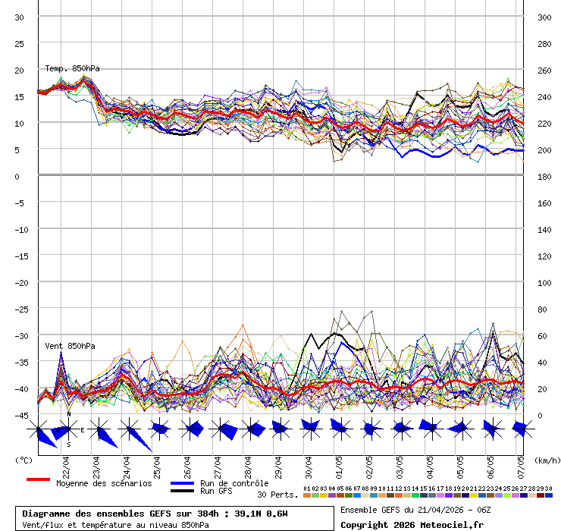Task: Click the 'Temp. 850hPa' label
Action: click(x=72, y=68)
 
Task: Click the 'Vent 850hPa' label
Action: click(x=70, y=346)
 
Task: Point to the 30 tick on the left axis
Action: click(x=20, y=17)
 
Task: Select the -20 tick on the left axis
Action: click(x=22, y=282)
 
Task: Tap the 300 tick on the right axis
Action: click(x=544, y=17)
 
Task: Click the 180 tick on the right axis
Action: click(x=544, y=176)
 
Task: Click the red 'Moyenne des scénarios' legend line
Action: click(x=38, y=479)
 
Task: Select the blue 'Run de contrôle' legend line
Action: click(x=182, y=482)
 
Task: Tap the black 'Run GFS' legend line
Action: click(x=182, y=491)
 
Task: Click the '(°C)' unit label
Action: click(x=24, y=460)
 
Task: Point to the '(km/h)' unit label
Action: click(x=546, y=460)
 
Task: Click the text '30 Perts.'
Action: click(x=277, y=495)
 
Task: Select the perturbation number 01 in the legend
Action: click(x=306, y=489)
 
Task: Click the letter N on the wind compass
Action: click(x=68, y=415)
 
